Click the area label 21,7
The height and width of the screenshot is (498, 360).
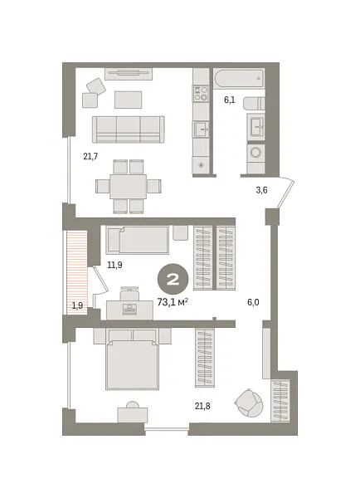90,156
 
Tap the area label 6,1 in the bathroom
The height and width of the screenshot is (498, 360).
230,100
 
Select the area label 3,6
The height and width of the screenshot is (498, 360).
261,190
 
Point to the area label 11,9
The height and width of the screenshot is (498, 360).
114,265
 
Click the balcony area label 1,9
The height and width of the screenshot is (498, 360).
77,305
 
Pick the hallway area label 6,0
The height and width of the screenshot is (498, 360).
253,302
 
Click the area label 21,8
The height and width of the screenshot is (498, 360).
202,405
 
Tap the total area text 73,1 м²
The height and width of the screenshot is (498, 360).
173,301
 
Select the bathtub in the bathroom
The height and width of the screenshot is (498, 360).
239,79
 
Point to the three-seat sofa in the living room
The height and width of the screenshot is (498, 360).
128,129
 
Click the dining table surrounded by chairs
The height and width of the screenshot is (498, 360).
128,186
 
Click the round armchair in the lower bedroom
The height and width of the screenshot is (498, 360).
249,403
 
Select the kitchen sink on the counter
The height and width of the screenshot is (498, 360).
201,129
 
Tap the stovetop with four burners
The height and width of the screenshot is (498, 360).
201,93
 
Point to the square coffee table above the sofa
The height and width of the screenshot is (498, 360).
128,100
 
